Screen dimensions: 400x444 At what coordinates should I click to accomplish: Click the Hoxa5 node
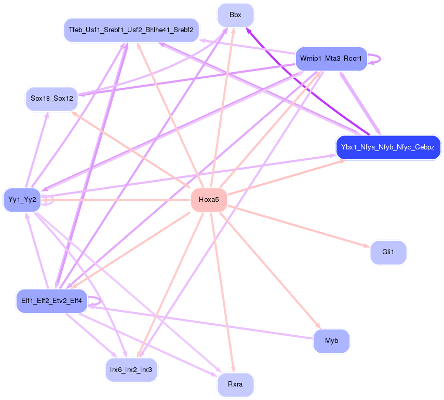click(209, 200)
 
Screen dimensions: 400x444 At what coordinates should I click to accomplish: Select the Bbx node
click(235, 15)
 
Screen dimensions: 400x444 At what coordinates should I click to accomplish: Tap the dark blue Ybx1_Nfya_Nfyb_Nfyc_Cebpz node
click(388, 147)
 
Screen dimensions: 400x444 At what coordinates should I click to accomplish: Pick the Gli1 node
click(388, 252)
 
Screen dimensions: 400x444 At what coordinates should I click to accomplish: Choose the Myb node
click(331, 341)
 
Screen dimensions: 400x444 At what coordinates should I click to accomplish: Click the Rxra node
click(235, 385)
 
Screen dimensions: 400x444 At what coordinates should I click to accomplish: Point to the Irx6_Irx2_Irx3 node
click(131, 370)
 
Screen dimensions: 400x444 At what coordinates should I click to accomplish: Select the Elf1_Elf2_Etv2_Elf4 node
click(51, 301)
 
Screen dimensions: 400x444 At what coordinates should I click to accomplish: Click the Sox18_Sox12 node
click(51, 98)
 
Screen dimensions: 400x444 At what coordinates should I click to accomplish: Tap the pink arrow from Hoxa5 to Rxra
click(222, 291)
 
